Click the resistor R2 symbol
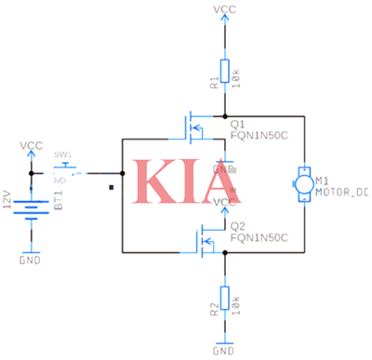coord(224,302)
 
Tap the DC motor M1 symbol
coord(303,182)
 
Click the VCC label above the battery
coord(32,145)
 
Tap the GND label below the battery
coord(32,261)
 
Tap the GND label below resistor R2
coord(224,351)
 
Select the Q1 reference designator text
coord(236,121)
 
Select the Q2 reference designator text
coord(236,226)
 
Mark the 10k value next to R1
coord(239,78)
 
